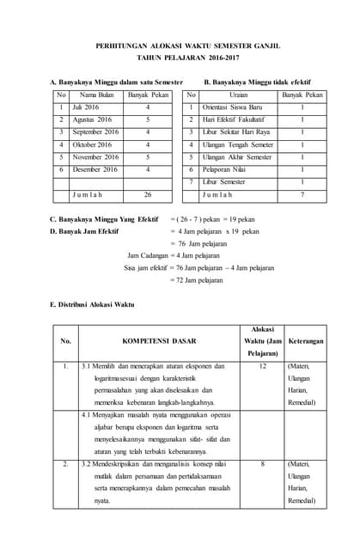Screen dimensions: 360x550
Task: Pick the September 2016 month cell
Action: (x=95, y=132)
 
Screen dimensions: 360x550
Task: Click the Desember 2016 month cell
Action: (x=95, y=170)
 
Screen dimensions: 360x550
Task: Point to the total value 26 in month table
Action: (x=148, y=195)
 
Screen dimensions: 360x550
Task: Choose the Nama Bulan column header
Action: (x=96, y=95)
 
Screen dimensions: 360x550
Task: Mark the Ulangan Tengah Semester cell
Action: (x=238, y=145)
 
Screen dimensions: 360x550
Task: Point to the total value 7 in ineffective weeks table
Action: (x=302, y=195)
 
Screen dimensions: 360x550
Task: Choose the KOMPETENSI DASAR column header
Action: (x=163, y=341)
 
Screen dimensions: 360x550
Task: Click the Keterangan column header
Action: (x=305, y=341)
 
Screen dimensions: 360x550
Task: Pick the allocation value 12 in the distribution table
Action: (x=263, y=366)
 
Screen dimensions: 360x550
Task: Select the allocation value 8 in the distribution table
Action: (x=263, y=464)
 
